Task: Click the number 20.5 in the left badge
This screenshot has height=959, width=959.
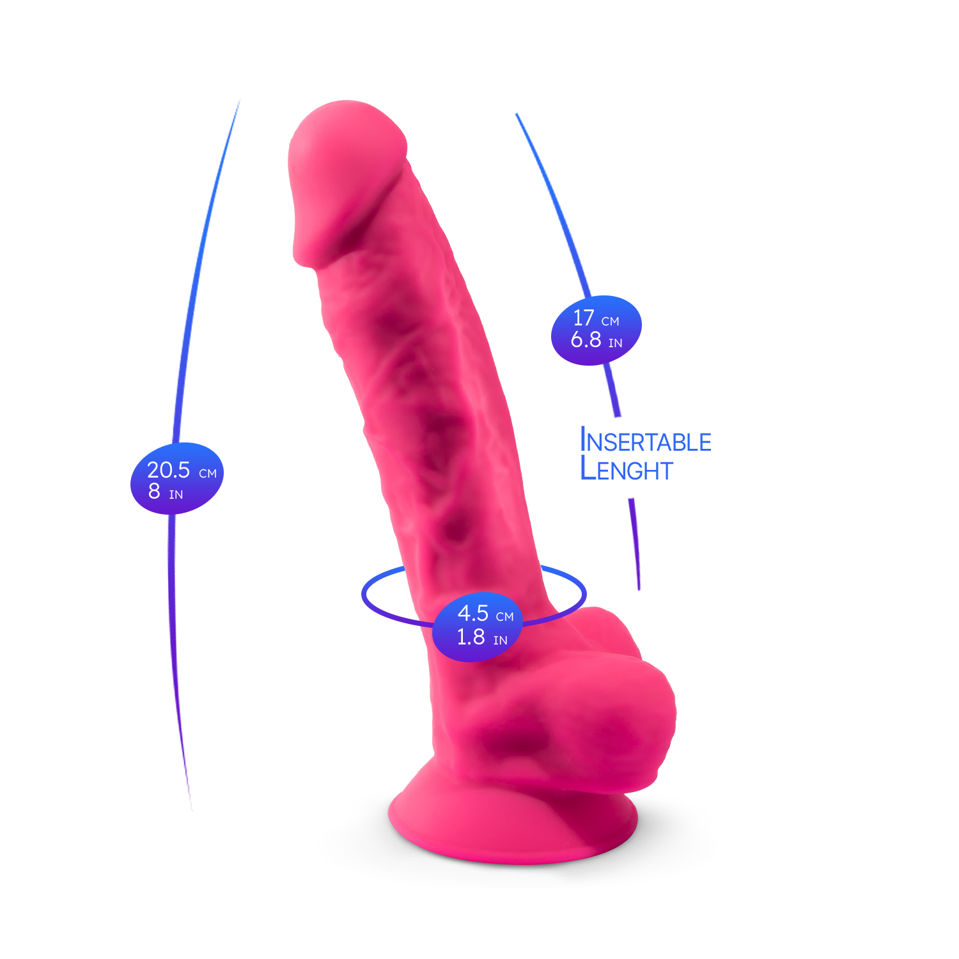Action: [168, 470]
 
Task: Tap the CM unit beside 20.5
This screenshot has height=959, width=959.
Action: [208, 474]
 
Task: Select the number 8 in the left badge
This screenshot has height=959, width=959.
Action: [154, 491]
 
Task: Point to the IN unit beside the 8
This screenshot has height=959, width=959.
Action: [176, 495]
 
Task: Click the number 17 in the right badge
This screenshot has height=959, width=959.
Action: [584, 318]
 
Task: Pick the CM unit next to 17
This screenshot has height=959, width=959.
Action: [611, 322]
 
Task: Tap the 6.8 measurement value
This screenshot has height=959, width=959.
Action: [586, 339]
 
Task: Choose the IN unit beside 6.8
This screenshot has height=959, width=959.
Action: [615, 343]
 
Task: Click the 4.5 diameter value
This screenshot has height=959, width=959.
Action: [473, 613]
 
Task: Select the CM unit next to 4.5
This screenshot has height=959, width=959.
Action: [505, 617]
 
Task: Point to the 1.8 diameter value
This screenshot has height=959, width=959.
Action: [471, 637]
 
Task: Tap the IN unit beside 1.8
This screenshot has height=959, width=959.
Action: [501, 641]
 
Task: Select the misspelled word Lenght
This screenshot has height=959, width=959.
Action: [627, 470]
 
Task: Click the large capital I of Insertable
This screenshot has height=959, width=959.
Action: [583, 440]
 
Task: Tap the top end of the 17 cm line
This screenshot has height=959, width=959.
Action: [517, 114]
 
